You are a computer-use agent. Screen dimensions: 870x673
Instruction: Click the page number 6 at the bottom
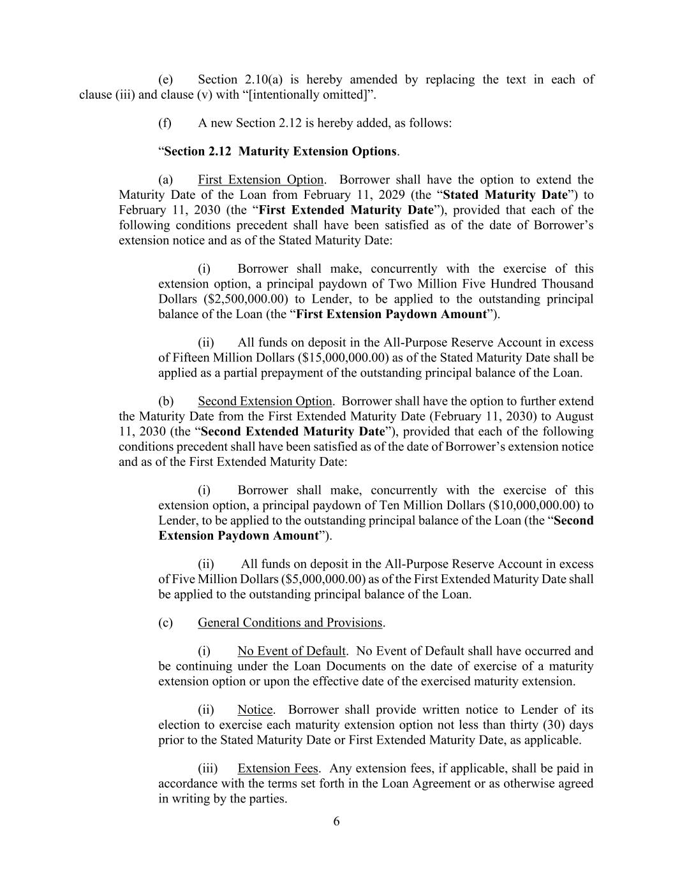[336, 821]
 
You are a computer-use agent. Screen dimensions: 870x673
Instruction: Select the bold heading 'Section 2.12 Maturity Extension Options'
[280, 151]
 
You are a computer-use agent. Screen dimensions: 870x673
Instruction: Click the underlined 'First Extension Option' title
[260, 180]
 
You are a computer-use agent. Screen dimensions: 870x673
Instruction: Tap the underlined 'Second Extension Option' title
[265, 401]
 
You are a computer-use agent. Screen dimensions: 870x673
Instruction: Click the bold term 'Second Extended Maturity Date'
[293, 431]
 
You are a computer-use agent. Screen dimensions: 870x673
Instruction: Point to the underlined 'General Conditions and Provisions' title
[290, 623]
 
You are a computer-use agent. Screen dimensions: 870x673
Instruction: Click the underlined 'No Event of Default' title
[291, 651]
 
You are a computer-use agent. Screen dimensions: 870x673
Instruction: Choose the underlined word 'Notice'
[255, 709]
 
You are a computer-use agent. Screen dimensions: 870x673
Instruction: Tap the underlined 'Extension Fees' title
[277, 768]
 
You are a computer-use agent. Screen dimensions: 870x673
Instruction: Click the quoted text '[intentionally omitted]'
[306, 95]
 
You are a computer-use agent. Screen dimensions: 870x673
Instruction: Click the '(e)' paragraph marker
[165, 80]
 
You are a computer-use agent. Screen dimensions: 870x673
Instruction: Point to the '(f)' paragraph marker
[165, 123]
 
